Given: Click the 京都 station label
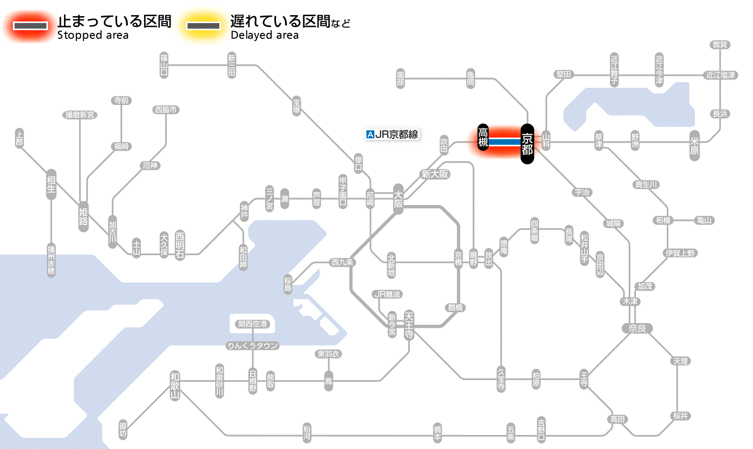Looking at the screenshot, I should pyautogui.click(x=527, y=143).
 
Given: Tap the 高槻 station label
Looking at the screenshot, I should pyautogui.click(x=483, y=137).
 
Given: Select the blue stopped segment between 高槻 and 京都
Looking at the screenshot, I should pyautogui.click(x=505, y=142).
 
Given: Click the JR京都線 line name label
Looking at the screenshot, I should pyautogui.click(x=392, y=135).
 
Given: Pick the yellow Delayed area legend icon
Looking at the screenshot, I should pyautogui.click(x=203, y=26).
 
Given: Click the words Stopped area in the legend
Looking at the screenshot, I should pyautogui.click(x=93, y=36).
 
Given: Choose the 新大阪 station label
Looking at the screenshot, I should pyautogui.click(x=435, y=174).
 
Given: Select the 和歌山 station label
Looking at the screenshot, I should pyautogui.click(x=175, y=385).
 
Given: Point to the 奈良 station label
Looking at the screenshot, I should pyautogui.click(x=636, y=328).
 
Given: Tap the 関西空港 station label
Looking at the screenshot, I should pyautogui.click(x=253, y=324).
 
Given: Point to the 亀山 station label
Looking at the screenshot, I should pyautogui.click(x=704, y=220).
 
